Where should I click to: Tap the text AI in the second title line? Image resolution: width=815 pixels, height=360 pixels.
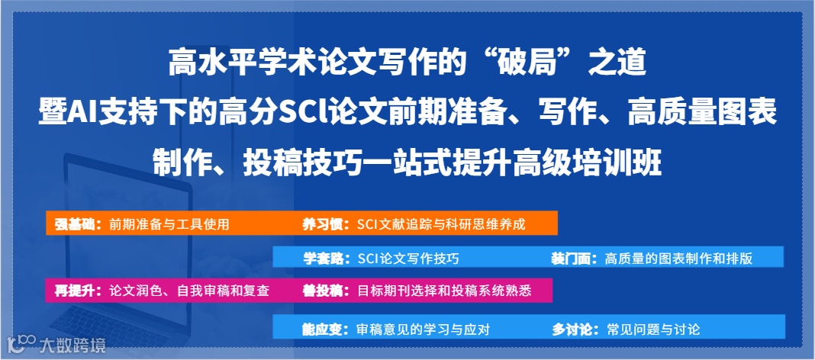pos(82,114)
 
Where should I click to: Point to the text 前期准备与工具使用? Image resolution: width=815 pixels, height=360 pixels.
pos(169,224)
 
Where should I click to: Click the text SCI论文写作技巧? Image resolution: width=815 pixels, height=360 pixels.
pos(408,258)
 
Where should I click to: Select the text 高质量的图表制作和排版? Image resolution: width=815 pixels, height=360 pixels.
pos(679,258)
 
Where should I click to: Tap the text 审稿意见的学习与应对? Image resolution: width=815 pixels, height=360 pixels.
pos(424,330)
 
